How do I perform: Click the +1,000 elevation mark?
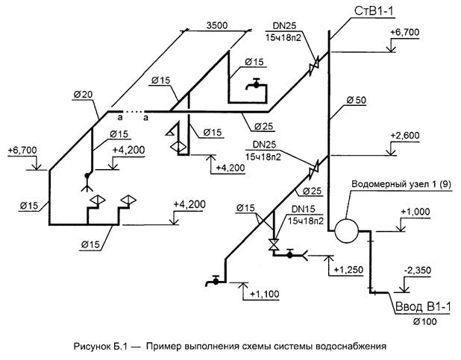(415, 212)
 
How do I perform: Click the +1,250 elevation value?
(348, 268)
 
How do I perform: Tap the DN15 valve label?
(304, 211)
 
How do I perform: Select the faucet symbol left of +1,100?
(214, 280)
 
